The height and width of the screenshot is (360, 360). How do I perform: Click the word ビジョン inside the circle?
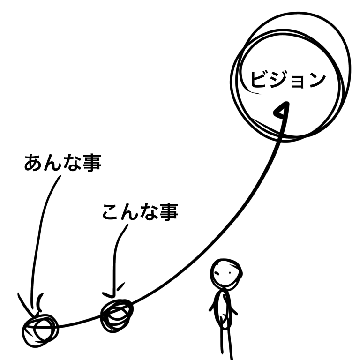288,79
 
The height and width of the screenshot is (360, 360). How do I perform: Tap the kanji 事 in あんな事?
92,163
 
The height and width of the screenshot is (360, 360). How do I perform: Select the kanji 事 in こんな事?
169,212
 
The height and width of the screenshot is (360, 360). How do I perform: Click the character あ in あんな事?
33,163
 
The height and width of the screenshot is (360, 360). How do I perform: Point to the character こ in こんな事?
112,212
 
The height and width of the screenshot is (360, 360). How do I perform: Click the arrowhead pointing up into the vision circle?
282,111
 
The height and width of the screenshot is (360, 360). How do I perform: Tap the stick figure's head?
226,273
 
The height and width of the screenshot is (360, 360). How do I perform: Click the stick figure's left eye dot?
217,273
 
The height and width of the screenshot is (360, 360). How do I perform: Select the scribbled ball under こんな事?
117,315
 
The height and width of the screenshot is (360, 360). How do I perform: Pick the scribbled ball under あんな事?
40,330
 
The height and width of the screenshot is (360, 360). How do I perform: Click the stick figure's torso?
223,309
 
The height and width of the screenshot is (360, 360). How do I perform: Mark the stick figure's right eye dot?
230,273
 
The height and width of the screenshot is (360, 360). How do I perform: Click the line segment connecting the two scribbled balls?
79,322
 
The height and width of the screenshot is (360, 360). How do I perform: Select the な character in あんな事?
72,163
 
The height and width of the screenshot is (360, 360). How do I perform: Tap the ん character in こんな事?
129,212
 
